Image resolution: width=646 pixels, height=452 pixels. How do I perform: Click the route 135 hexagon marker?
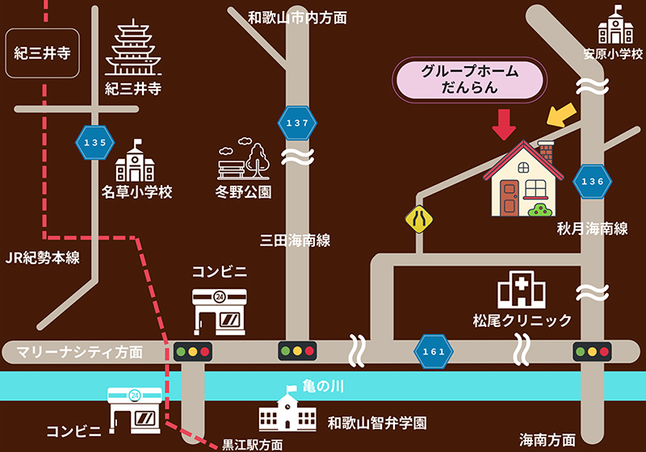pyautogui.click(x=94, y=142)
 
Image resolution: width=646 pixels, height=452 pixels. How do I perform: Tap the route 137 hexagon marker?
pyautogui.click(x=296, y=123)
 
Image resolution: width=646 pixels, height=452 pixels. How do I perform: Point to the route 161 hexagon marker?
pyautogui.click(x=433, y=351)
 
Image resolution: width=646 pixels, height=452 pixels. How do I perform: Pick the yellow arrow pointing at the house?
pyautogui.click(x=563, y=115)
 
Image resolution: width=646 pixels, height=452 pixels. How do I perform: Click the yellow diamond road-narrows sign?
pyautogui.click(x=419, y=218)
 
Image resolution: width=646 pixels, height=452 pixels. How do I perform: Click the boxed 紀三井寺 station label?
pyautogui.click(x=43, y=54)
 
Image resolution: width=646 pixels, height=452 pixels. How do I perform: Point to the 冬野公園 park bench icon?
pyautogui.click(x=243, y=161)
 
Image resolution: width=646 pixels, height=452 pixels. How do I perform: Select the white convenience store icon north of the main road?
pyautogui.click(x=219, y=308)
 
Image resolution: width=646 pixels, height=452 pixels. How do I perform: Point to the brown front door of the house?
pyautogui.click(x=509, y=196)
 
